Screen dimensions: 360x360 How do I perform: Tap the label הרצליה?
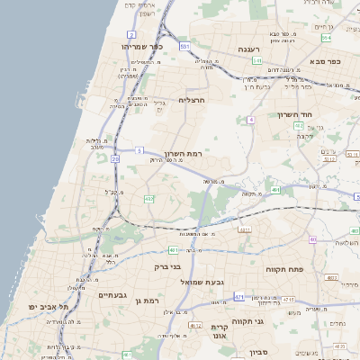click(192, 100)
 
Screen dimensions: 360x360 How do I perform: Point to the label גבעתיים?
click(113, 295)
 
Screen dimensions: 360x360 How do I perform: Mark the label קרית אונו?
click(220, 332)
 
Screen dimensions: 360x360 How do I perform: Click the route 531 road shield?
click(184, 44)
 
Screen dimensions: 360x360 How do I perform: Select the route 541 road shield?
click(257, 61)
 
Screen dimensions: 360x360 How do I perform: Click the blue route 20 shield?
click(115, 159)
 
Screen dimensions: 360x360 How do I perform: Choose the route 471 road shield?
click(239, 296)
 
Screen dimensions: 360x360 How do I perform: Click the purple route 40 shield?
click(313, 239)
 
